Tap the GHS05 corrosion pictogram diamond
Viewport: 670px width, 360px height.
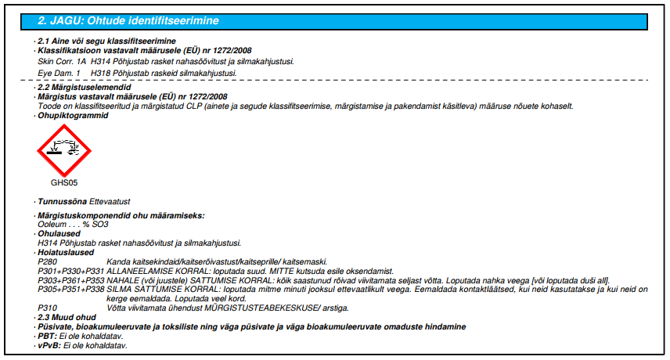(63, 151)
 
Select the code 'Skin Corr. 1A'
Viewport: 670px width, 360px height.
(62, 60)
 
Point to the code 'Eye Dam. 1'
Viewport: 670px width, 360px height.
(57, 73)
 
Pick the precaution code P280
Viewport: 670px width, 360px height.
(49, 261)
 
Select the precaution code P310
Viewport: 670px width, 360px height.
(49, 308)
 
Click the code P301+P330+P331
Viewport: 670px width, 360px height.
(71, 271)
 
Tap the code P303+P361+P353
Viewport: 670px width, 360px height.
(71, 280)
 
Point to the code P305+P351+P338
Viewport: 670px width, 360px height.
(71, 290)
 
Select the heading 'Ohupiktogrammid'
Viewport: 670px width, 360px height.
(73, 115)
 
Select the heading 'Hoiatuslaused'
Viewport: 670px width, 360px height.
(66, 253)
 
